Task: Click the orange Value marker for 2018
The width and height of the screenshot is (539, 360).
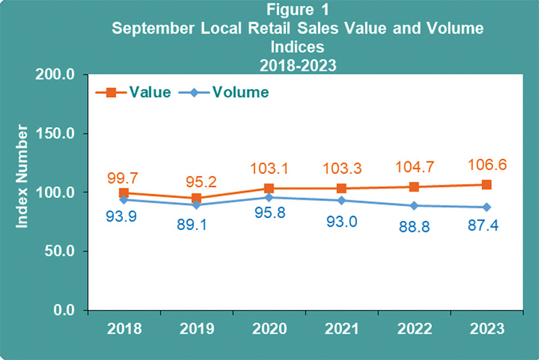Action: [x=124, y=193]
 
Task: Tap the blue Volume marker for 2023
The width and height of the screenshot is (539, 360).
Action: [x=486, y=207]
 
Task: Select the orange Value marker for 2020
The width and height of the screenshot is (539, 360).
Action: [x=269, y=189]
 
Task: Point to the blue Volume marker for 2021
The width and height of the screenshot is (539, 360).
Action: [x=342, y=200]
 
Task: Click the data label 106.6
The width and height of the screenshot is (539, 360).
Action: [x=487, y=165]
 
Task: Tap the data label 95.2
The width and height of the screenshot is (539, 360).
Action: [x=196, y=180]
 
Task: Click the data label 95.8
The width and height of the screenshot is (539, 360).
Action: [x=269, y=219]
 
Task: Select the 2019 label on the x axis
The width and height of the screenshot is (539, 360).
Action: [x=196, y=330]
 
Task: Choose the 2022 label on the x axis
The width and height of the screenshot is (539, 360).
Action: [x=414, y=330]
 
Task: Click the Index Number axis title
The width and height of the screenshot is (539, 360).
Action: [x=22, y=175]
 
